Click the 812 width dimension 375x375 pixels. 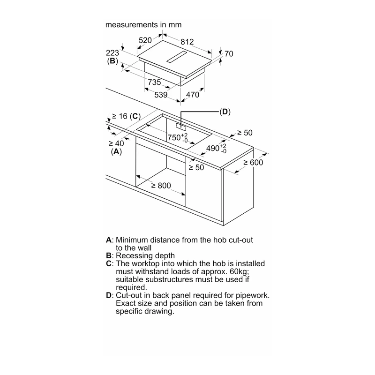point(187,42)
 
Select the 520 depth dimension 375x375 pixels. point(145,40)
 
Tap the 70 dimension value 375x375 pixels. point(229,54)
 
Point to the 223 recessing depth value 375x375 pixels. point(112,52)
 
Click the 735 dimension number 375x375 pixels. point(154,82)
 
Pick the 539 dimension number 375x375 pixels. point(161,95)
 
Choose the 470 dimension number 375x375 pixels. point(193,95)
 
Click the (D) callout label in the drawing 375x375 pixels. point(225,112)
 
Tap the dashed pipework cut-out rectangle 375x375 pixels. point(181,127)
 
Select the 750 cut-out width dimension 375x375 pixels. point(178,138)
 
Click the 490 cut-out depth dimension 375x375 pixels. point(216,148)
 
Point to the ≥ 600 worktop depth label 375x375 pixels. point(253,163)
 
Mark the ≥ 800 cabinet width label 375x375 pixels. point(161,186)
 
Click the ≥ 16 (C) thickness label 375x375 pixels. point(126,116)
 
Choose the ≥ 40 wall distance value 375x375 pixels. point(116,143)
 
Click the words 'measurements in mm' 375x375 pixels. point(143,25)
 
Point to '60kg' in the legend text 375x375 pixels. point(239,272)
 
